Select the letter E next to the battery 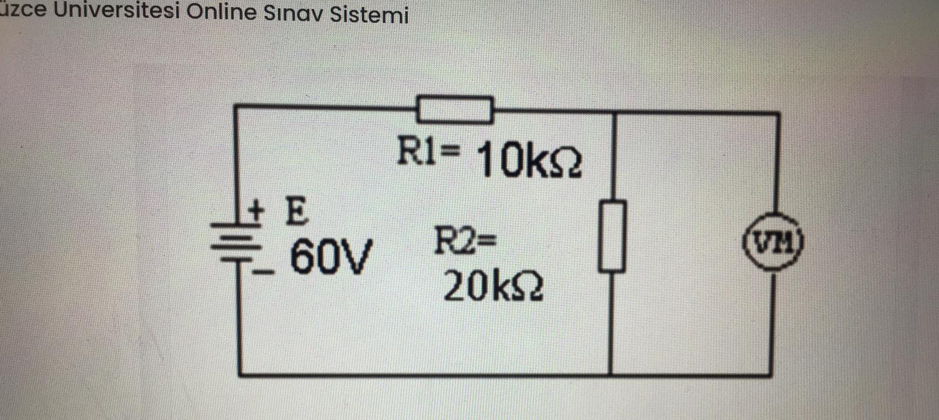[296, 212]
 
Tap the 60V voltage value [330, 258]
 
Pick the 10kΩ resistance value [529, 161]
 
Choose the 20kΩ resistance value [493, 287]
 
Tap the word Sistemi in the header [369, 14]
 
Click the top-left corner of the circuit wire [236, 106]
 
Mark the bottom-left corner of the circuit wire [240, 374]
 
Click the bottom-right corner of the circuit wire [769, 373]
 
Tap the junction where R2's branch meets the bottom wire [611, 373]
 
